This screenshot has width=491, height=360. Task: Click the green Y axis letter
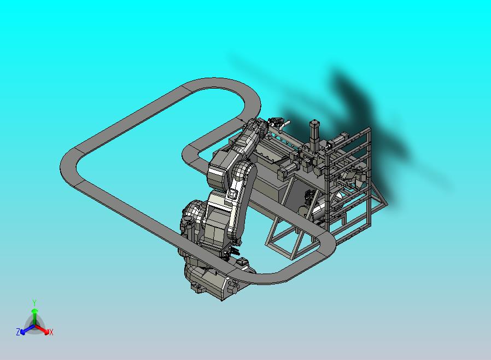click(x=34, y=303)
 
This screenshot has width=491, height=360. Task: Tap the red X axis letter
click(x=51, y=332)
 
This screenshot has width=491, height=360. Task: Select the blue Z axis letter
click(x=18, y=332)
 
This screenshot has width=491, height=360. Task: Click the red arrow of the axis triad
click(x=42, y=329)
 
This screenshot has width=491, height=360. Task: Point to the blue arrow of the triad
click(x=27, y=329)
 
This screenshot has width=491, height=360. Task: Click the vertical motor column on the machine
click(x=314, y=134)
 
